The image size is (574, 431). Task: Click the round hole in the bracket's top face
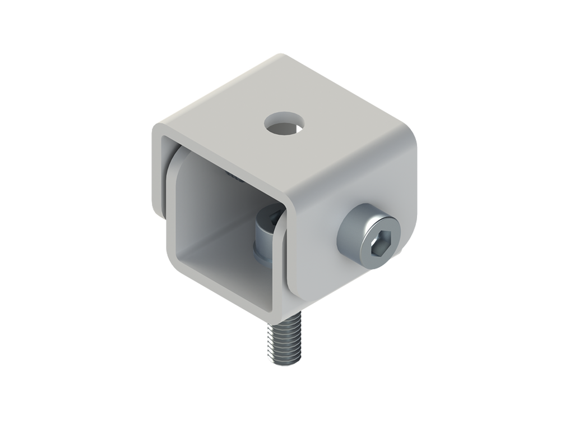[x=284, y=123]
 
